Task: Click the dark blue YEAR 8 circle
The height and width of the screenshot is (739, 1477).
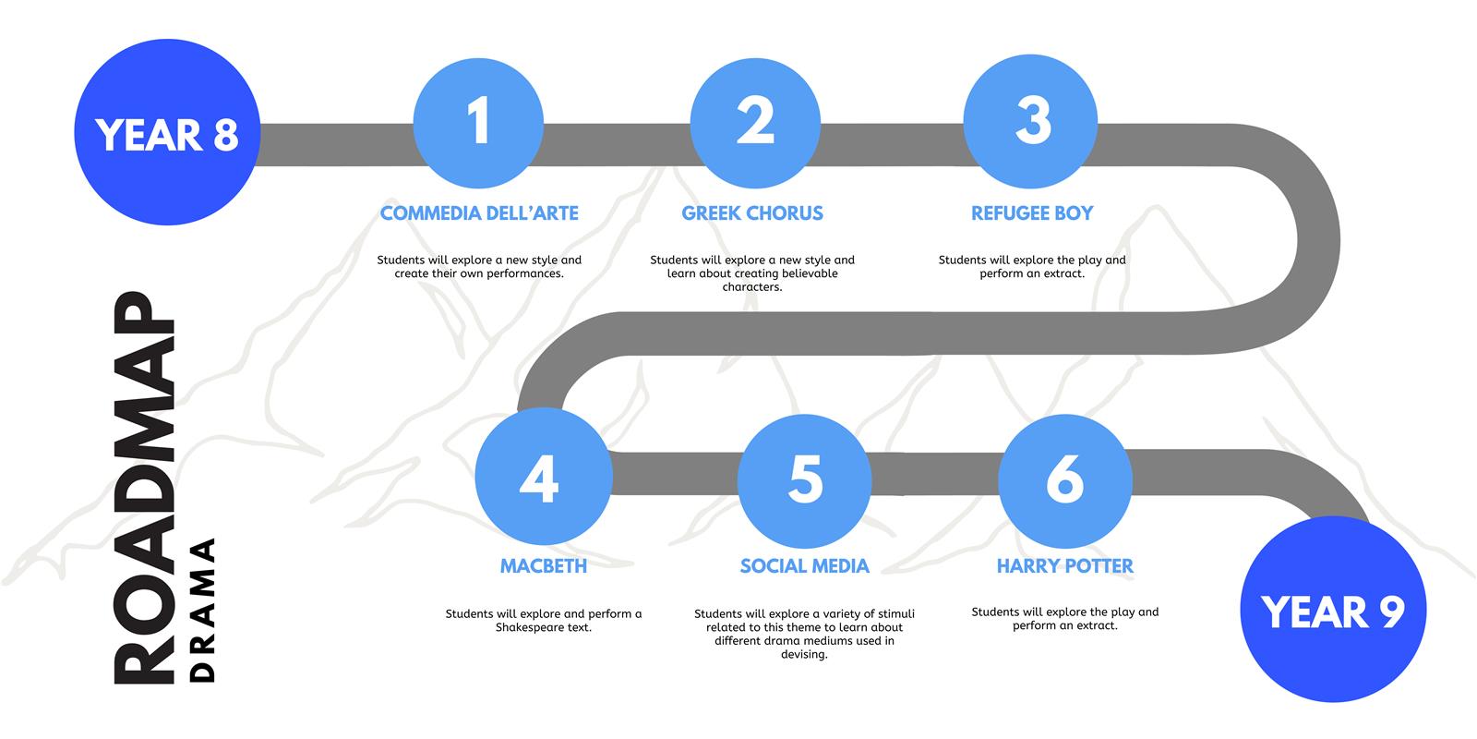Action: click(167, 132)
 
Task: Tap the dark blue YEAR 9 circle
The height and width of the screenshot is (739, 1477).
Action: click(1333, 609)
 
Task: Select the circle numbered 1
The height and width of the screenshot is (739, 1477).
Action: click(479, 124)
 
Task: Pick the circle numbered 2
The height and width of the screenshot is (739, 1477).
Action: click(756, 124)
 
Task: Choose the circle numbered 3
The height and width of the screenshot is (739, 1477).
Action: click(1030, 121)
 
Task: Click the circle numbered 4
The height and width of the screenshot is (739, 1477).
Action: click(544, 477)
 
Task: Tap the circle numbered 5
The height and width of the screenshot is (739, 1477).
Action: click(804, 481)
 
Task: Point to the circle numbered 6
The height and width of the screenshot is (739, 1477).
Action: click(1065, 481)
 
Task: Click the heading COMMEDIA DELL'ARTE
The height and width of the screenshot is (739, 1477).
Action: click(479, 213)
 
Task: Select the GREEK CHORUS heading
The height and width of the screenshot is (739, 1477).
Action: click(752, 213)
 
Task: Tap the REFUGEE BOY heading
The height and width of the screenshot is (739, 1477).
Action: click(1032, 213)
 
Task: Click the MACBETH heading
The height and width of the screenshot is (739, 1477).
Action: click(544, 566)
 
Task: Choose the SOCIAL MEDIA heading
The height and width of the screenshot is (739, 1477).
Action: click(804, 566)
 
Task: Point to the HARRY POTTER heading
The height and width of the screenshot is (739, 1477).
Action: click(1065, 566)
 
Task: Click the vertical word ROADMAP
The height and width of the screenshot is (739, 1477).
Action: click(144, 488)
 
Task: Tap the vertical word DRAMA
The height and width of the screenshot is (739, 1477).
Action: click(202, 611)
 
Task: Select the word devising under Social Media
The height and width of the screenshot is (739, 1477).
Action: click(804, 655)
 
